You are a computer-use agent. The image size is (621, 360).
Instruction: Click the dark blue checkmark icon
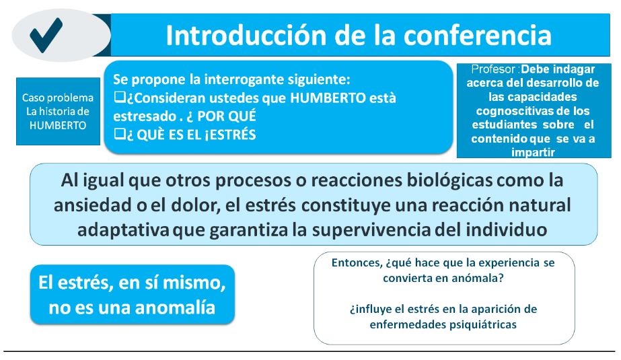coord(46,35)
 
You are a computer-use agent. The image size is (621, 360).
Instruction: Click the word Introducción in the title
coord(246,35)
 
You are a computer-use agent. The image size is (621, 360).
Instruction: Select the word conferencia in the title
coord(477,35)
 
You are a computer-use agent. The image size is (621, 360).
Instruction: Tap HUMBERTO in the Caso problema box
coord(58,126)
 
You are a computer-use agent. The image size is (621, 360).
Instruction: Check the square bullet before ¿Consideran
coord(120,97)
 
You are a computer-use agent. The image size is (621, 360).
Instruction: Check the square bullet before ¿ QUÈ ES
coord(120,134)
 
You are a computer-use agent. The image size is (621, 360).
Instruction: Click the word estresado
coord(145,116)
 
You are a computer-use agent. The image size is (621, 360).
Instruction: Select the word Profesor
coord(493,69)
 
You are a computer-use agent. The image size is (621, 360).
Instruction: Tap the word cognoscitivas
coord(513,111)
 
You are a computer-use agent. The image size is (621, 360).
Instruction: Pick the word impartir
coord(533,153)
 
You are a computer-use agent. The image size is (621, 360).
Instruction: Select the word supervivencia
coord(371,230)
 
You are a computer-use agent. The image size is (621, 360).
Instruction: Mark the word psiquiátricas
coord(483,325)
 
